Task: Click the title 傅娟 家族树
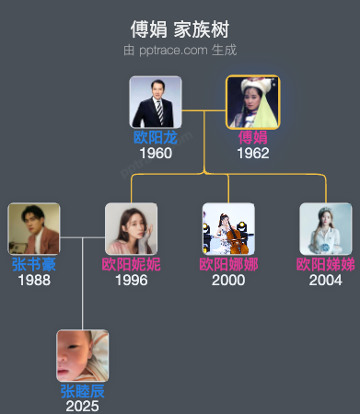coord(180,30)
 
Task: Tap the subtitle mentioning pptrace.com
coord(180,51)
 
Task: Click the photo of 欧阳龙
coord(156,102)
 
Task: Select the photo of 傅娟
coord(252,102)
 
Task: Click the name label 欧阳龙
coord(156,137)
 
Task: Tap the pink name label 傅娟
coord(252,137)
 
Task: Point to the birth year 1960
coord(156,153)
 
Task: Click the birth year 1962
coord(252,153)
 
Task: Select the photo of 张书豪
coord(34,229)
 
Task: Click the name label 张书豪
coord(34,264)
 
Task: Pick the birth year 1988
coord(34,280)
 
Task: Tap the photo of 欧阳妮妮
coord(131,229)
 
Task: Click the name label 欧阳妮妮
coord(131,264)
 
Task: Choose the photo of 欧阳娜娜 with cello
coord(228,229)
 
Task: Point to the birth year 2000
coord(228,280)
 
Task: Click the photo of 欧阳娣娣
coord(325,229)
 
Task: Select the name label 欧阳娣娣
coord(325,264)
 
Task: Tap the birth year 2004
coord(325,280)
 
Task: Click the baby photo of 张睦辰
coord(82,356)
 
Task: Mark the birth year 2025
coord(82,406)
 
